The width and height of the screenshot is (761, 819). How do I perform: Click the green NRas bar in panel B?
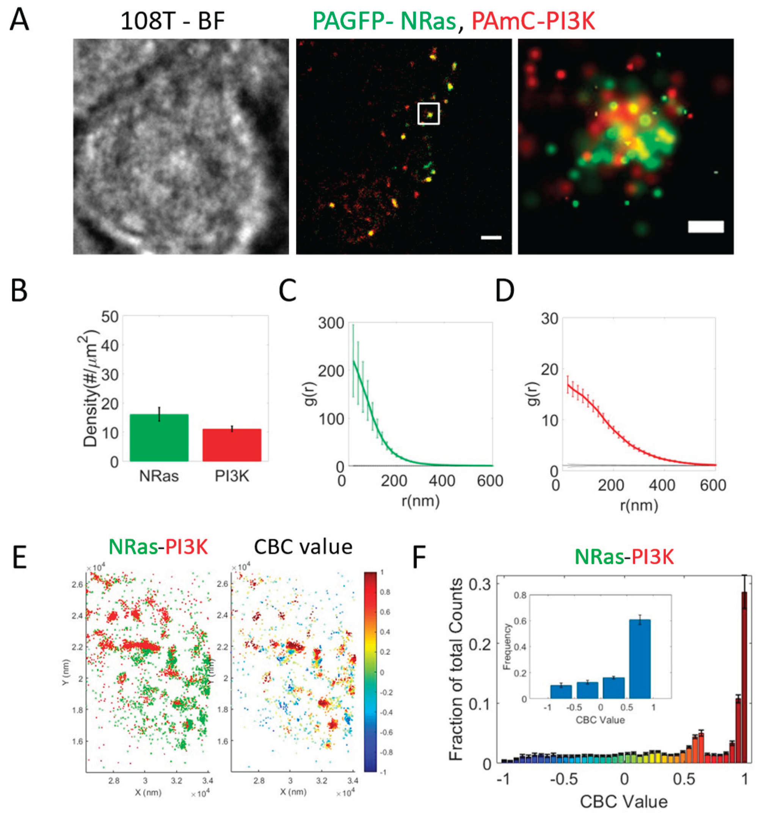click(x=159, y=438)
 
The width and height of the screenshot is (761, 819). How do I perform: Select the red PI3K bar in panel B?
click(x=232, y=445)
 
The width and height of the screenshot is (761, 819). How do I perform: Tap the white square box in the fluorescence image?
click(x=429, y=113)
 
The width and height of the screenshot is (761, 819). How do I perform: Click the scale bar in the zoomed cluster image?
click(x=705, y=227)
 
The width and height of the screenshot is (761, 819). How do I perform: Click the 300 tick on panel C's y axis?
click(x=331, y=323)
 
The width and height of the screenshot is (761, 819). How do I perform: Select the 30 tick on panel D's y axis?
click(x=549, y=319)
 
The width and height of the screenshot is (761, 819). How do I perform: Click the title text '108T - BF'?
click(x=173, y=21)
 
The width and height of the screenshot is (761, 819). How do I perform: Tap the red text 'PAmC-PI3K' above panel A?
click(x=533, y=21)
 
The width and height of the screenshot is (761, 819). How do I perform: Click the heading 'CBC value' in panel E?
click(x=303, y=547)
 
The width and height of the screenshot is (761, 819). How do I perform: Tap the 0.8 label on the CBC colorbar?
click(x=384, y=592)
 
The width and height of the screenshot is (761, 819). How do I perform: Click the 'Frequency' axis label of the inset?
click(x=507, y=646)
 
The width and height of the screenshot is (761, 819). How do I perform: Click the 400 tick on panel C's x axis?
click(x=442, y=480)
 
